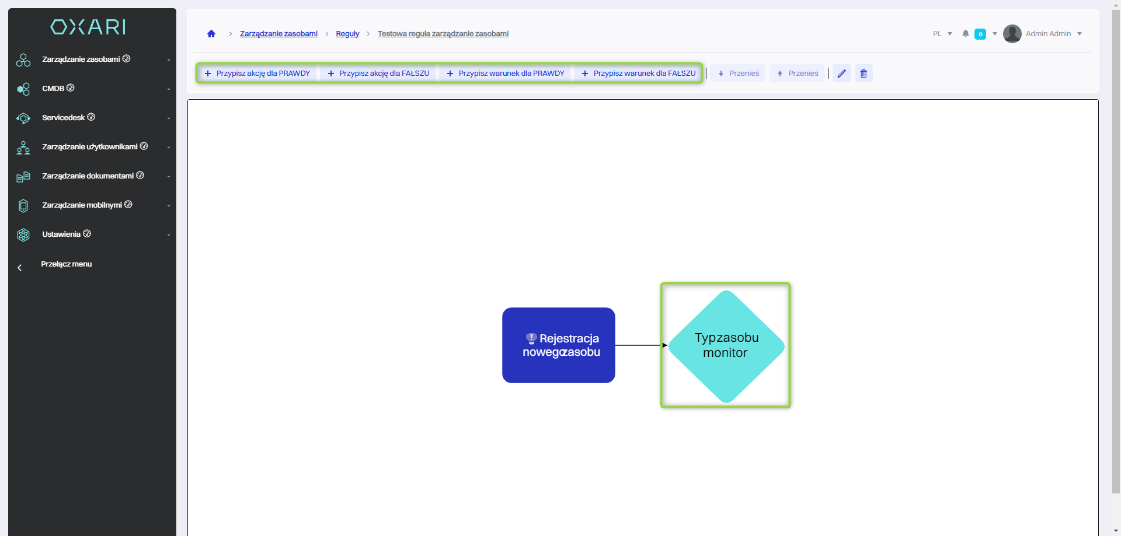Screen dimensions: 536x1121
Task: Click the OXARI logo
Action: point(88,27)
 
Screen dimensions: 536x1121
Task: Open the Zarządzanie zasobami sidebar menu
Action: point(81,59)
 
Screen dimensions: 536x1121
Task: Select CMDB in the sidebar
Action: point(53,89)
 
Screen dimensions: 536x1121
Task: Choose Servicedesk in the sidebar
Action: point(64,118)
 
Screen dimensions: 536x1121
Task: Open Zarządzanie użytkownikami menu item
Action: point(90,147)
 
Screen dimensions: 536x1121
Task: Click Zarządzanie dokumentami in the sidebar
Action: point(88,176)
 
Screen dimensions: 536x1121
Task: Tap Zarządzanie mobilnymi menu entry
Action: point(82,205)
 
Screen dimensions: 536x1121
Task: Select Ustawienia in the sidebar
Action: point(61,234)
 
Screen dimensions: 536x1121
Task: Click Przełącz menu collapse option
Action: point(66,264)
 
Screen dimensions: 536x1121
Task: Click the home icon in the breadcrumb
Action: point(211,34)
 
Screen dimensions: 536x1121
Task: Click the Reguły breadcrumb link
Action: point(347,34)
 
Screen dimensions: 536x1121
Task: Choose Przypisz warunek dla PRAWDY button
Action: point(506,73)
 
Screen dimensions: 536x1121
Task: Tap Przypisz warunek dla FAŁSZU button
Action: point(639,73)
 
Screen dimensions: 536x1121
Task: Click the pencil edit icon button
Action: point(841,73)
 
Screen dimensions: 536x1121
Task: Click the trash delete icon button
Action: point(864,73)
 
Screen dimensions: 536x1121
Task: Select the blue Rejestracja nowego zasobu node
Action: point(559,345)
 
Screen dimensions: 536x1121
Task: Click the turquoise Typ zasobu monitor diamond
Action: point(726,346)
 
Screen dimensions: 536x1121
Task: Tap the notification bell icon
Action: point(966,34)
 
